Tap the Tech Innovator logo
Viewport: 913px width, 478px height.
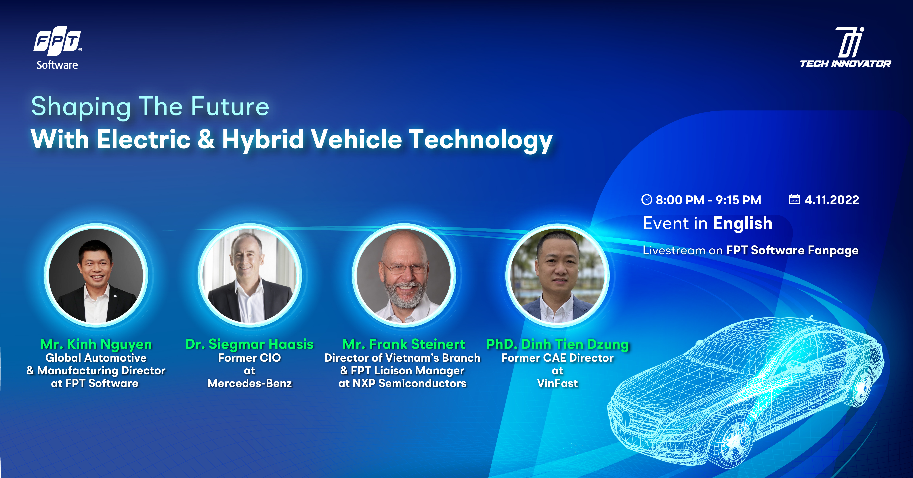pos(845,47)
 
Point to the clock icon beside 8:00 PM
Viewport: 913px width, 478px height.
pos(647,200)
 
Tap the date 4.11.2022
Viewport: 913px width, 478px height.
pos(832,200)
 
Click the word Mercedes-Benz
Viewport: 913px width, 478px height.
pos(249,383)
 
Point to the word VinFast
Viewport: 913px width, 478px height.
pos(557,383)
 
